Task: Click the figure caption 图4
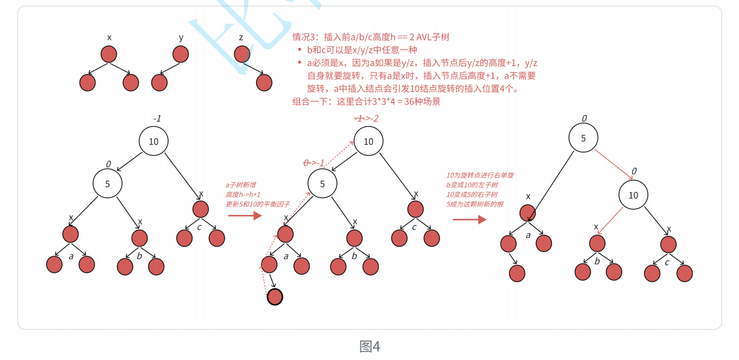(369, 346)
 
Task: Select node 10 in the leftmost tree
(153, 141)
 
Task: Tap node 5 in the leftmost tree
(107, 184)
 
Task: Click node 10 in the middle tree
(368, 141)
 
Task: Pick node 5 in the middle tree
(322, 184)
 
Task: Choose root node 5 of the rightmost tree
(583, 138)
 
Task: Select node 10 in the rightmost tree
(633, 195)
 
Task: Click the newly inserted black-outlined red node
(275, 297)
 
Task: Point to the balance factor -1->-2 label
(366, 118)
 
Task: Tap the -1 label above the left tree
(157, 118)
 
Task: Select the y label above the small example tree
(181, 38)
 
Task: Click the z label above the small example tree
(241, 38)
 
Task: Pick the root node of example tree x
(108, 54)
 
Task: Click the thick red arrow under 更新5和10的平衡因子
(245, 215)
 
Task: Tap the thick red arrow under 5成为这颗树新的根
(469, 219)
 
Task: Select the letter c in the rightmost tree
(667, 262)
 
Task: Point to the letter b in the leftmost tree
(139, 256)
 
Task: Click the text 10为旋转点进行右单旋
(480, 176)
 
